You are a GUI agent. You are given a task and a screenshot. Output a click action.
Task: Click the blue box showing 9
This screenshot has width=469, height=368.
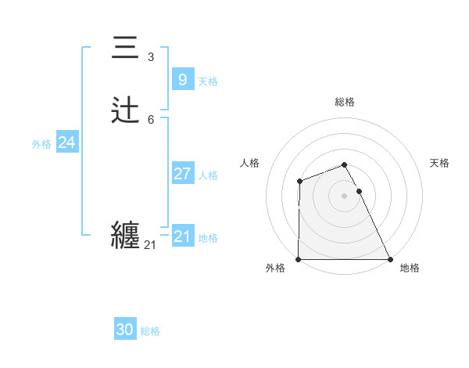point(182,79)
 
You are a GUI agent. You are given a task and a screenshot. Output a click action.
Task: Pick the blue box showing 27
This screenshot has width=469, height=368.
point(182,174)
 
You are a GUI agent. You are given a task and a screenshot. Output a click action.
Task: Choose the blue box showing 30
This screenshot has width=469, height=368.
point(124,330)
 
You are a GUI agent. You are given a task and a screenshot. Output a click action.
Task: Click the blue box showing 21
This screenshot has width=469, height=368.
point(182,236)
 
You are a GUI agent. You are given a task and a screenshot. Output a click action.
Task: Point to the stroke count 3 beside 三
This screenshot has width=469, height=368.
point(150,57)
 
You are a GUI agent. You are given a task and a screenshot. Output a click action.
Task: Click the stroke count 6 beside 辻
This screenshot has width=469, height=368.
point(150,119)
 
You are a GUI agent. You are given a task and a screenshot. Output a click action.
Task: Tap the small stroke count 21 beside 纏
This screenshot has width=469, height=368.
point(150,245)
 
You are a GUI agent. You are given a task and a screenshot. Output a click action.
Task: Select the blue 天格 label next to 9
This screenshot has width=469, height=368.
point(208,81)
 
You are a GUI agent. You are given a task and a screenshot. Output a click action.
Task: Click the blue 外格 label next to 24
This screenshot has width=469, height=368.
point(41,144)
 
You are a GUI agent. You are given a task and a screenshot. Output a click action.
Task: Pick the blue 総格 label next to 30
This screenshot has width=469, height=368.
point(150,331)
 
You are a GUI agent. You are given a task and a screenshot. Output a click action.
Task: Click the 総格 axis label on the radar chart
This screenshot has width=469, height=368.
point(345,102)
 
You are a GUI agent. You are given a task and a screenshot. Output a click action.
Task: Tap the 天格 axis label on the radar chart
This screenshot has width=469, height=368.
point(440,163)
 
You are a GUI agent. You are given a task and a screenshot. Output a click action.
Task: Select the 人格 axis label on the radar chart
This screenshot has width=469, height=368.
point(250,163)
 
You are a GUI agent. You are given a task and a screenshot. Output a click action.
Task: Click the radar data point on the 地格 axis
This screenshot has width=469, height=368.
point(390,259)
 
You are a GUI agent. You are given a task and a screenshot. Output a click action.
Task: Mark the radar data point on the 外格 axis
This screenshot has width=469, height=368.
point(299,259)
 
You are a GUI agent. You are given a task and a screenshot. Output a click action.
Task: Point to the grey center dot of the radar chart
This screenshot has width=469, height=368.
point(345,196)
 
